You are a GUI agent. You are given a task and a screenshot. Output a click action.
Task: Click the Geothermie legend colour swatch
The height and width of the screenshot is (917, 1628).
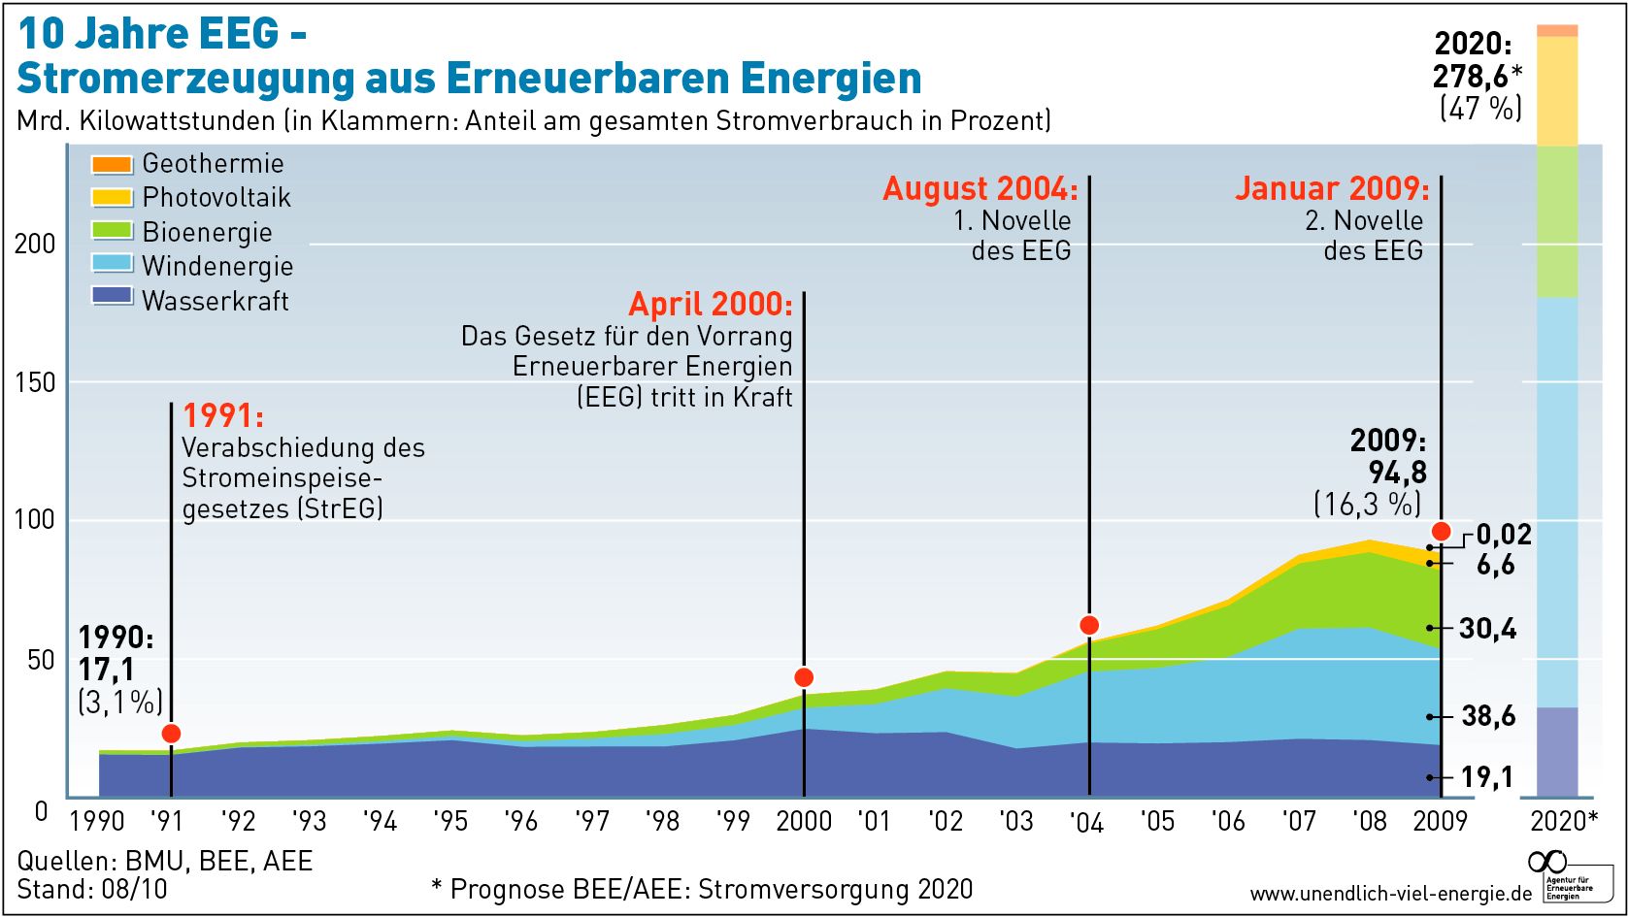click(112, 164)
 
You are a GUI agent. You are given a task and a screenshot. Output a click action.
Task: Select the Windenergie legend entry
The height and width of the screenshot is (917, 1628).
click(216, 266)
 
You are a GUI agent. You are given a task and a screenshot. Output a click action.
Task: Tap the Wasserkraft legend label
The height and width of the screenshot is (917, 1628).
click(215, 301)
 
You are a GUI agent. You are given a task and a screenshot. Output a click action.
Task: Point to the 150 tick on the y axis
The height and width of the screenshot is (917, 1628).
click(35, 381)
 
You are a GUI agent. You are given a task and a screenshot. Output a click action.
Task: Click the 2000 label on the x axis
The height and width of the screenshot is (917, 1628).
click(804, 822)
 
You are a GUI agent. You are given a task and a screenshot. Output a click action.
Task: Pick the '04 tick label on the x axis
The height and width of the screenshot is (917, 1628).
click(1086, 823)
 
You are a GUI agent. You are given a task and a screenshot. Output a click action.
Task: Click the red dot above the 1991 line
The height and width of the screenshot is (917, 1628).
click(171, 734)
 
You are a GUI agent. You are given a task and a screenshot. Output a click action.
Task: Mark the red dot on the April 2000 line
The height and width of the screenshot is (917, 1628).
click(804, 677)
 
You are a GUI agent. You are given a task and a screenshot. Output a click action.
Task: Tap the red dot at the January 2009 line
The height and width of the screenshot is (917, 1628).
click(1441, 531)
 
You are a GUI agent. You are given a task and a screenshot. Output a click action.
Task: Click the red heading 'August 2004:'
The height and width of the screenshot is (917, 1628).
click(980, 188)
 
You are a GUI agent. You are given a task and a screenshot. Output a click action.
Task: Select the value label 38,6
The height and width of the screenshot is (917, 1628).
click(1488, 716)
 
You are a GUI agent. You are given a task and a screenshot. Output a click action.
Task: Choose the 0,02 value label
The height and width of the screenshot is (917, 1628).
click(1504, 535)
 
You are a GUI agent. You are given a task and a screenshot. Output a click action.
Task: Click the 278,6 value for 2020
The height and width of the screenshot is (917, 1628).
click(1471, 76)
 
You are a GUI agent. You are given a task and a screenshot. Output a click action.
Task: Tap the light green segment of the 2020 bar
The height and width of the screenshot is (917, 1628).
click(1558, 221)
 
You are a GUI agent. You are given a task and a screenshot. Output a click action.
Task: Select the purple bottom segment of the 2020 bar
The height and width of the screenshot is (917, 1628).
click(1558, 752)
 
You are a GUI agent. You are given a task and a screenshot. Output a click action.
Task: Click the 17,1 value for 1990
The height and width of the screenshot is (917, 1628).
click(107, 670)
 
